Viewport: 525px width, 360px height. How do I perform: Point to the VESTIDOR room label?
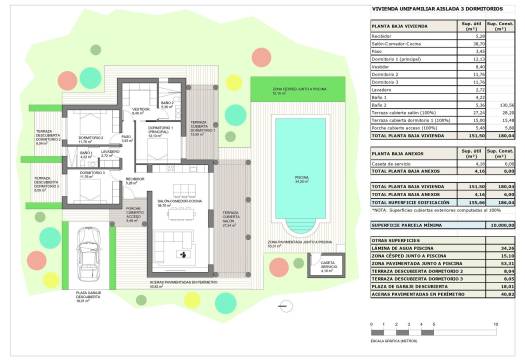[x=141, y=110]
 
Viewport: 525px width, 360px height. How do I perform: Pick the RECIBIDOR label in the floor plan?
[x=136, y=181]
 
